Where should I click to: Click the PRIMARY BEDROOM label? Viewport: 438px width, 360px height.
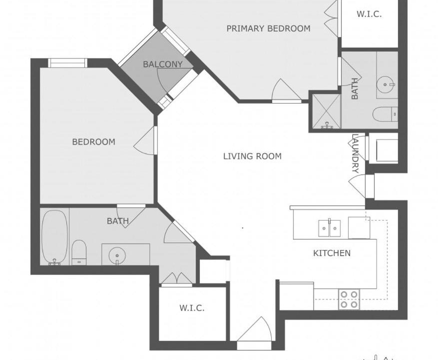pyautogui.click(x=268, y=28)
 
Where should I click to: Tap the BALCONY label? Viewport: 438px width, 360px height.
pyautogui.click(x=163, y=64)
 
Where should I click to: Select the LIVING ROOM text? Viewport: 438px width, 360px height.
pyautogui.click(x=252, y=156)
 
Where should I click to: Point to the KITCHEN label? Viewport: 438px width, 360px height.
pyautogui.click(x=332, y=253)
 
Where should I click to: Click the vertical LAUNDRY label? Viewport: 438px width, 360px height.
pyautogui.click(x=355, y=153)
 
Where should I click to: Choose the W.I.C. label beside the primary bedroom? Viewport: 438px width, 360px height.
pyautogui.click(x=369, y=14)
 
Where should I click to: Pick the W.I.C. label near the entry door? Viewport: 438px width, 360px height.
pyautogui.click(x=192, y=308)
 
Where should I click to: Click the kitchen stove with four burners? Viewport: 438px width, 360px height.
pyautogui.click(x=349, y=299)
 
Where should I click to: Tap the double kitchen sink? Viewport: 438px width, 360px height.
pyautogui.click(x=329, y=228)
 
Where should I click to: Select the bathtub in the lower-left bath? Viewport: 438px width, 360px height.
pyautogui.click(x=55, y=237)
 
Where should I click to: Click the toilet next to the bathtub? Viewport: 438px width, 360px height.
pyautogui.click(x=79, y=252)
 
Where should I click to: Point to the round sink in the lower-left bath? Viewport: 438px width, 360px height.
pyautogui.click(x=117, y=255)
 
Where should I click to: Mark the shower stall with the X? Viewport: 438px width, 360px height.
pyautogui.click(x=327, y=111)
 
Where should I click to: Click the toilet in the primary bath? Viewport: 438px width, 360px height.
pyautogui.click(x=385, y=114)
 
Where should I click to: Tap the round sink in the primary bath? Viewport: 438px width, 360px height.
pyautogui.click(x=385, y=84)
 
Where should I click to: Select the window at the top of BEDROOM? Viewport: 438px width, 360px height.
pyautogui.click(x=67, y=63)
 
